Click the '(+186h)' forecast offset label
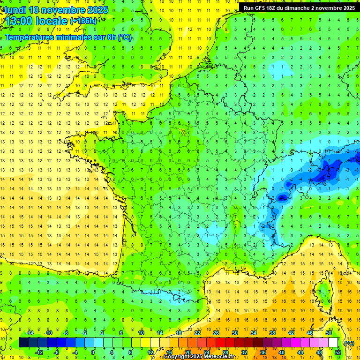pyautogui.click(x=83, y=21)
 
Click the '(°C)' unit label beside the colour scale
pyautogui.click(x=349, y=343)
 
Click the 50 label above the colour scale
pyautogui.click(x=328, y=332)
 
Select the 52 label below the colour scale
pyautogui.click(x=337, y=352)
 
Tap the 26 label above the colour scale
pyautogui.click(x=216, y=332)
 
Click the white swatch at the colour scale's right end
pyautogui.click(x=333, y=343)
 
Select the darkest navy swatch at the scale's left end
pyautogui.click(x=23, y=343)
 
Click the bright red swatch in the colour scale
pyautogui.click(x=221, y=343)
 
